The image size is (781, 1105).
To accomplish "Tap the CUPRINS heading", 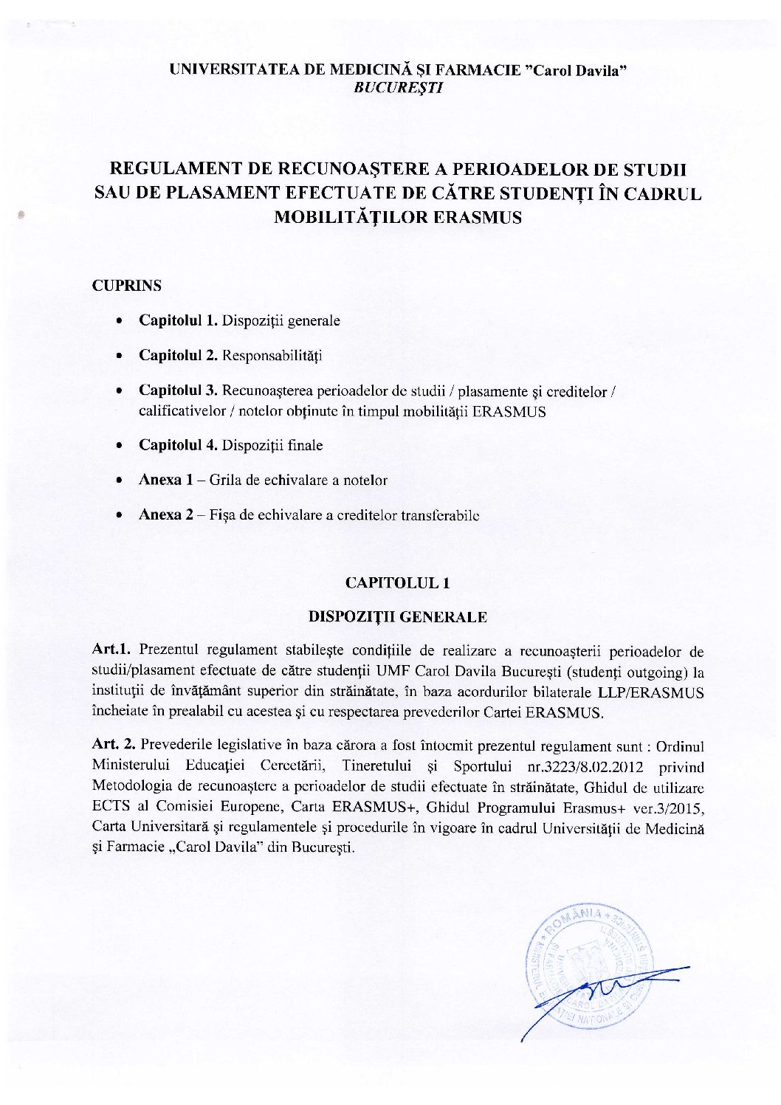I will pos(126,286).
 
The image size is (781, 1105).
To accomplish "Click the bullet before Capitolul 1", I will pos(119,322).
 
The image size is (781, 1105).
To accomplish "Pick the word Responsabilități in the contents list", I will pos(272,356).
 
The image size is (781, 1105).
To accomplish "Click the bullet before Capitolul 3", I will pos(119,390).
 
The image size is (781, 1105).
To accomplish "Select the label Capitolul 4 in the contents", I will pos(177,445).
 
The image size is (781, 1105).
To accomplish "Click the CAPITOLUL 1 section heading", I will pos(398,583).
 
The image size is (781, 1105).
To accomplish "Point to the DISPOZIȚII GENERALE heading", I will pos(397,616).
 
